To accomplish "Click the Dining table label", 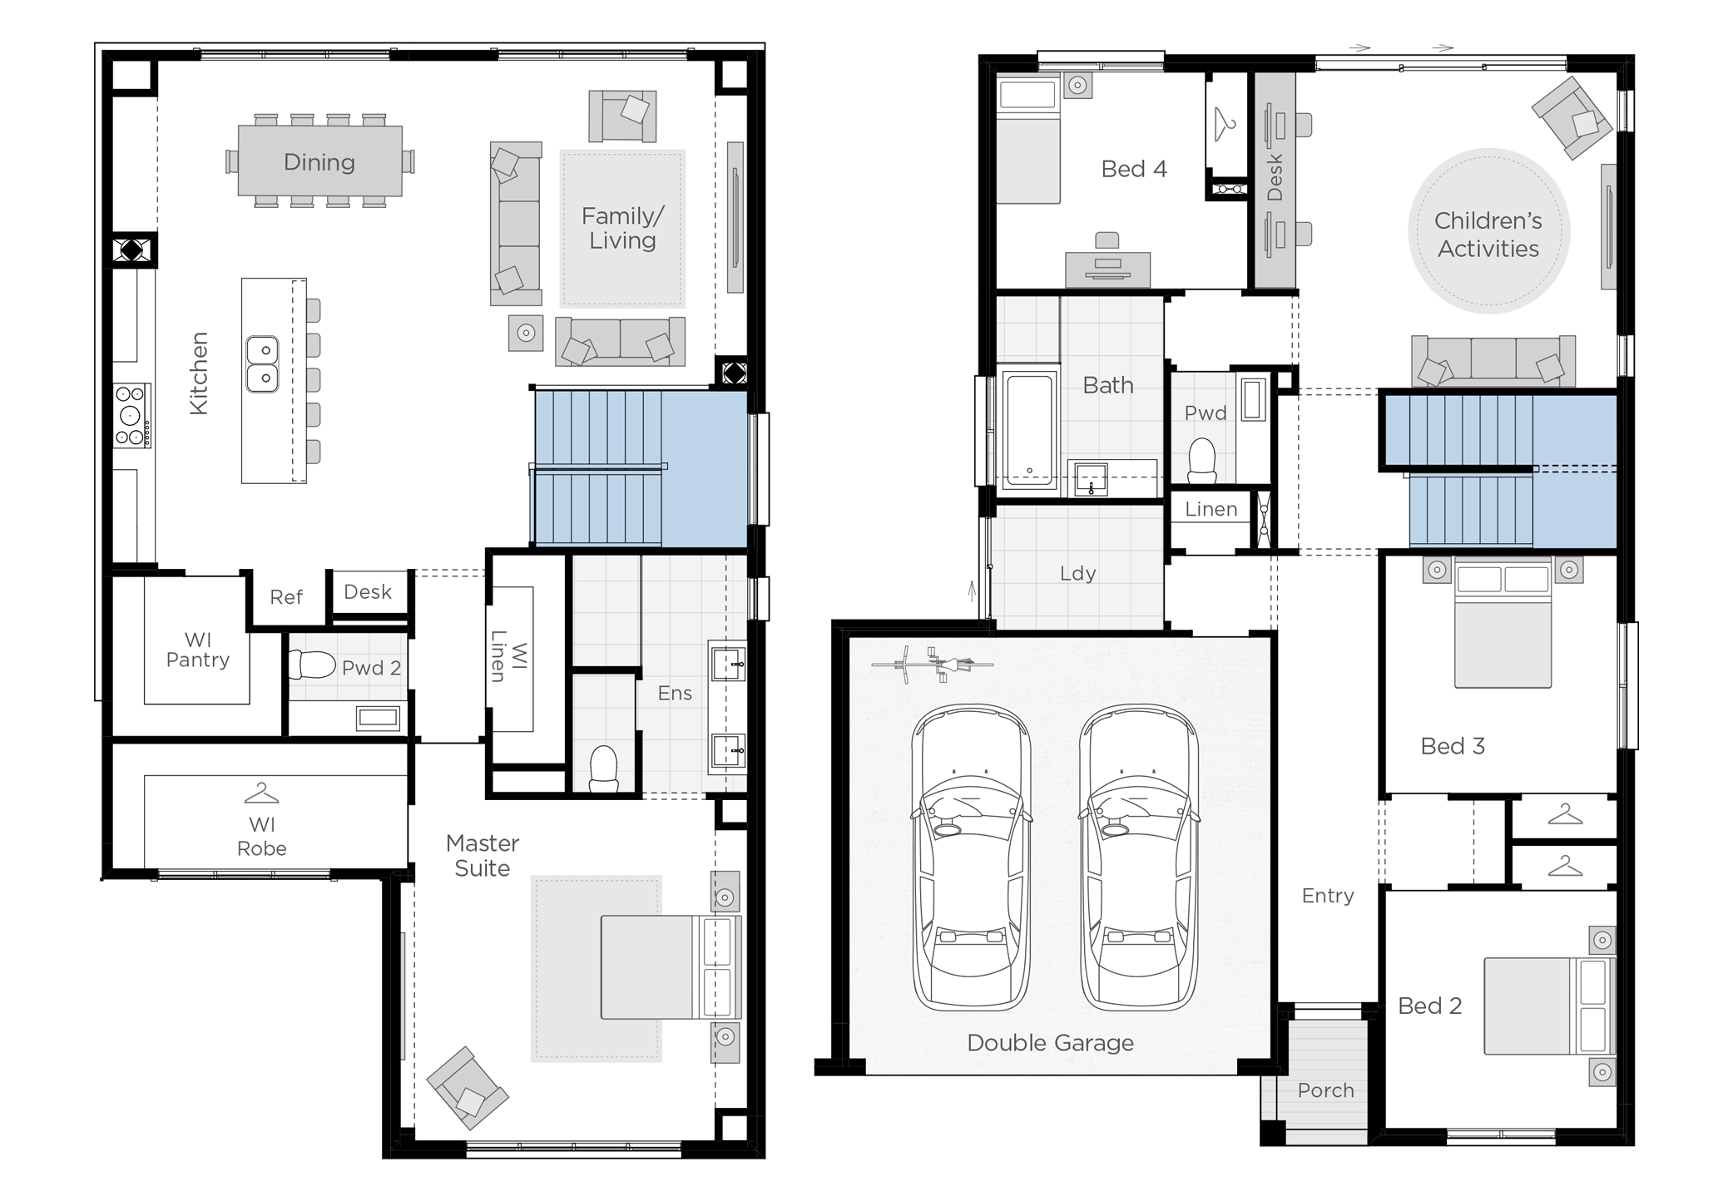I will pyautogui.click(x=319, y=162).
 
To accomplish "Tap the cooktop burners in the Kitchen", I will pyautogui.click(x=131, y=416).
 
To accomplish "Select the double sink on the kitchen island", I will pyautogui.click(x=262, y=364).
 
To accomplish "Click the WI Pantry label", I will pyautogui.click(x=197, y=650).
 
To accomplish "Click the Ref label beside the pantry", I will pyautogui.click(x=285, y=597).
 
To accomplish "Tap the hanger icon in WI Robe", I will pyautogui.click(x=261, y=794).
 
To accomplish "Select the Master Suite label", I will pyautogui.click(x=482, y=856).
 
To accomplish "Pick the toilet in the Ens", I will pyautogui.click(x=603, y=769).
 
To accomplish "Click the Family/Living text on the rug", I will pyautogui.click(x=622, y=229).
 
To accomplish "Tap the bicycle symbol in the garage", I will pyautogui.click(x=932, y=665).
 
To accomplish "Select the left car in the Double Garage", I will pyautogui.click(x=970, y=857).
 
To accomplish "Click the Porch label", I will pyautogui.click(x=1325, y=1090).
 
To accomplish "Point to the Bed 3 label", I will pyautogui.click(x=1452, y=746).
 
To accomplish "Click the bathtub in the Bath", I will pyautogui.click(x=1029, y=430).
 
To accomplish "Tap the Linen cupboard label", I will pyautogui.click(x=1211, y=509).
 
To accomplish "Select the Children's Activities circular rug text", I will pyautogui.click(x=1488, y=235).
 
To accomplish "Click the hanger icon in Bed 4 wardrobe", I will pyautogui.click(x=1224, y=125).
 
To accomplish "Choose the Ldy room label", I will pyautogui.click(x=1077, y=573).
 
